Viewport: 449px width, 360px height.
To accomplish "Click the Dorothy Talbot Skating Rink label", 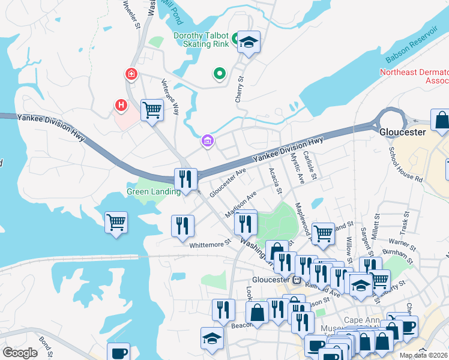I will pyautogui.click(x=202, y=40).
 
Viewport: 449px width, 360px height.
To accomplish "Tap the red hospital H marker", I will pyautogui.click(x=121, y=106).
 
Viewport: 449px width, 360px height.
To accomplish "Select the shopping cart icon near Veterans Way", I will pyautogui.click(x=152, y=110).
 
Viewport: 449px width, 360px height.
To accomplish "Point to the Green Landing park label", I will pyautogui.click(x=154, y=192).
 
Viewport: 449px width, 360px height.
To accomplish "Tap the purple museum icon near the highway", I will pyautogui.click(x=208, y=141).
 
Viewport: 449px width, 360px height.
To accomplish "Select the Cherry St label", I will pyautogui.click(x=239, y=88).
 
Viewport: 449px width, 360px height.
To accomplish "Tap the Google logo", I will pyautogui.click(x=20, y=352).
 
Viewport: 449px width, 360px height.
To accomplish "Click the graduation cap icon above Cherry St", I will pyautogui.click(x=249, y=42).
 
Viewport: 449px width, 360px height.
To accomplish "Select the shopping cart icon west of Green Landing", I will pyautogui.click(x=116, y=222).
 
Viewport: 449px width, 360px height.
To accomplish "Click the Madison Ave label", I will pyautogui.click(x=240, y=205).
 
